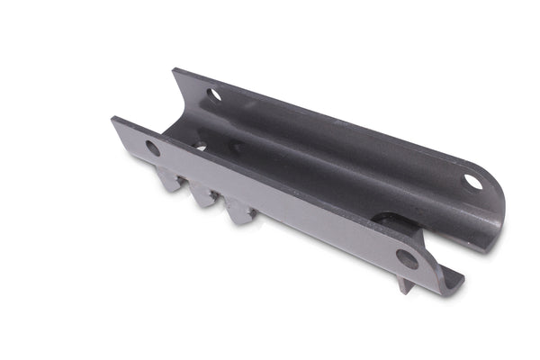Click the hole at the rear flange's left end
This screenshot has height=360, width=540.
[x=214, y=94]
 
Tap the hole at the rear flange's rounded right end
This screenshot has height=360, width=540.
[x=472, y=182]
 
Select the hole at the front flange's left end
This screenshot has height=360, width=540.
[x=153, y=148]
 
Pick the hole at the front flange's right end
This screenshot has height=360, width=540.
[x=407, y=259]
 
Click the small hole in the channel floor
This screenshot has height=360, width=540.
[x=200, y=145]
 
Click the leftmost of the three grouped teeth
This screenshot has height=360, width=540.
[x=170, y=181]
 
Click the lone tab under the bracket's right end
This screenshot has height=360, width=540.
[x=406, y=286]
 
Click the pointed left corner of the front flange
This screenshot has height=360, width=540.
[x=113, y=120]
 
